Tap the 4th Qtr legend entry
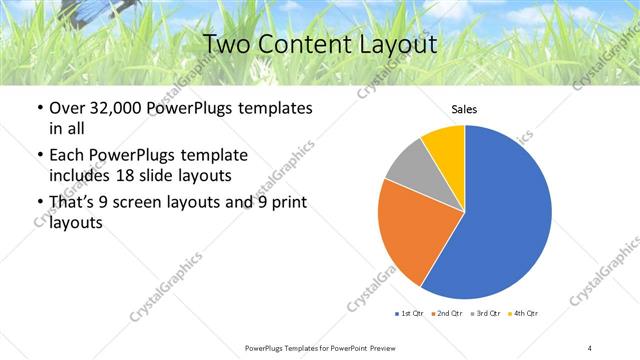(x=524, y=314)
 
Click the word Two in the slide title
(x=226, y=44)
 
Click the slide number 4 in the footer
(x=590, y=347)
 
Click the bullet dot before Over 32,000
(x=38, y=109)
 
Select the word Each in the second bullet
(x=66, y=155)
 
